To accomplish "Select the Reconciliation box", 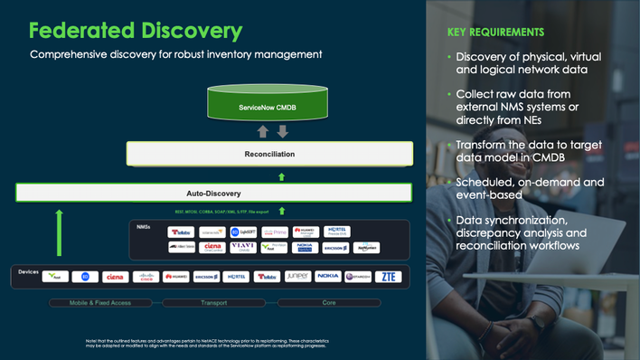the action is [x=269, y=154].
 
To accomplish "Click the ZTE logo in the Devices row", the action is [x=388, y=277].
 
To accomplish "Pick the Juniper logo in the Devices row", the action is [x=297, y=276].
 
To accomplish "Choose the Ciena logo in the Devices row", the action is [x=116, y=277].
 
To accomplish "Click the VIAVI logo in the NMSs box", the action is [x=242, y=247].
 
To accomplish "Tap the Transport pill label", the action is [x=214, y=302].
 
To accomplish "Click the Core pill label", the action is [x=329, y=302].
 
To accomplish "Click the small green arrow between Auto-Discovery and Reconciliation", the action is [x=281, y=177].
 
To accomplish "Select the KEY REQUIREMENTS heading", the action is [x=495, y=33].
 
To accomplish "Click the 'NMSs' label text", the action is [x=144, y=227].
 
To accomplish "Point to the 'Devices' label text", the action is [x=28, y=271].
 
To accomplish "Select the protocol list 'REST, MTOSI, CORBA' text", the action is [x=221, y=212].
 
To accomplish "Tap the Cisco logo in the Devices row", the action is [x=146, y=277].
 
